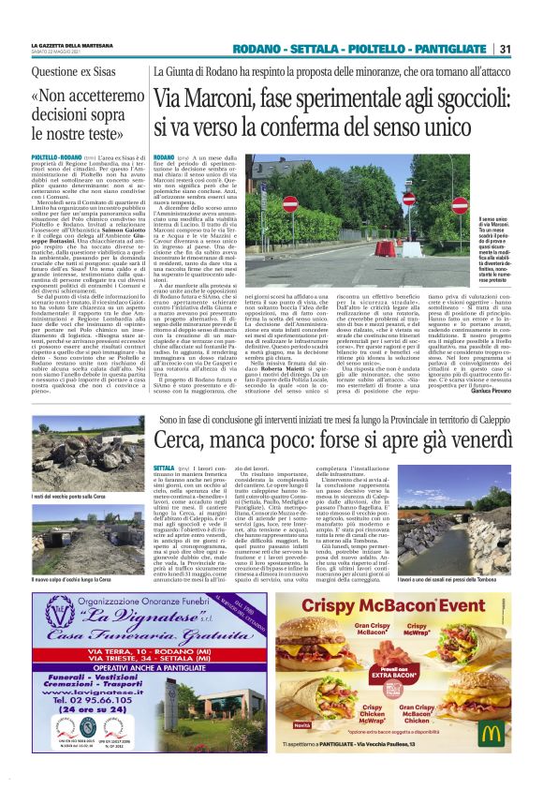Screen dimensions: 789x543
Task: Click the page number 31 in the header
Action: coord(505,49)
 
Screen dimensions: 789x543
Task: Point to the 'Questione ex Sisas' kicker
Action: coord(73,71)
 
